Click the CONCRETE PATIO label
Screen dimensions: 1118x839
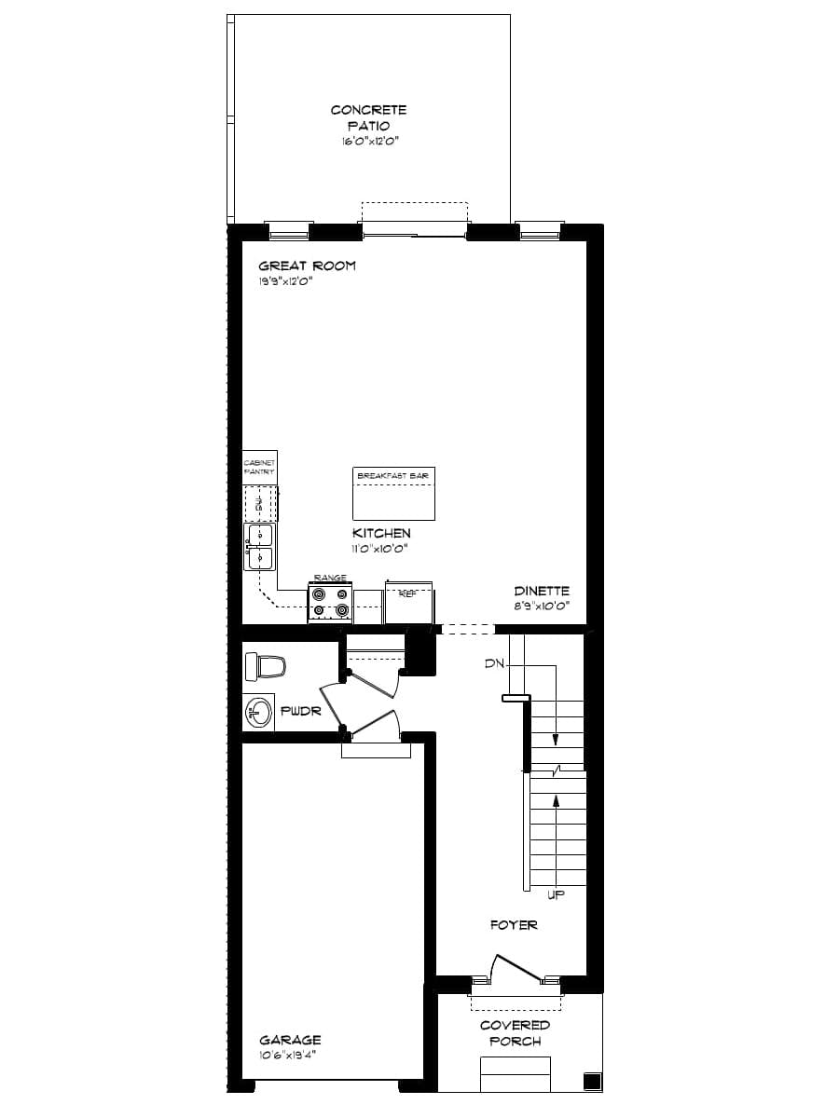(x=368, y=117)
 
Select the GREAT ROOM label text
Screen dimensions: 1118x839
(x=307, y=266)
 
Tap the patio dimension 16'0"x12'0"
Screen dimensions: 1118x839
(x=368, y=142)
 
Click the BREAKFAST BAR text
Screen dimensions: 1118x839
(x=393, y=476)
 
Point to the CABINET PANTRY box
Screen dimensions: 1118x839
(x=259, y=466)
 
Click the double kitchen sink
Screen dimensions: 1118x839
(x=260, y=546)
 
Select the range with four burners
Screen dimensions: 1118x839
(x=330, y=604)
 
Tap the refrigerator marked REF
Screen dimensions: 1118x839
(x=408, y=601)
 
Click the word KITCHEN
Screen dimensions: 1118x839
(x=380, y=533)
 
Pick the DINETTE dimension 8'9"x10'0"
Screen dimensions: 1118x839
(x=542, y=607)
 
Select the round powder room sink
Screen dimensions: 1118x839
(x=258, y=714)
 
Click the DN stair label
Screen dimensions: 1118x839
(x=494, y=664)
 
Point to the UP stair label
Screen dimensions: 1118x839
(x=556, y=894)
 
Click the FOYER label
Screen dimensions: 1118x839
(x=514, y=925)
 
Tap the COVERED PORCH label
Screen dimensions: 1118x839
(x=515, y=1033)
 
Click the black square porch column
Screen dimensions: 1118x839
(x=591, y=1082)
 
